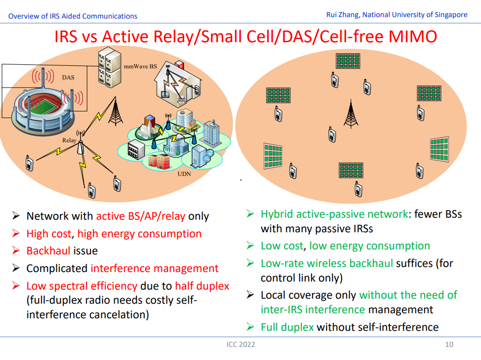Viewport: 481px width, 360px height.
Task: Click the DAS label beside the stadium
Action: tap(68, 77)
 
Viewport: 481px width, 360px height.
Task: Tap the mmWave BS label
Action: tap(140, 66)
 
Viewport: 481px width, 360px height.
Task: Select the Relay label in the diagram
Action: tap(69, 140)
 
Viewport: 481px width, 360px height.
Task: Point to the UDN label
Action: tap(184, 174)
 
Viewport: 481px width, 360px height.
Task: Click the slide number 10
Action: tap(449, 344)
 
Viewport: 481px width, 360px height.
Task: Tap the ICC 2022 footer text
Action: tap(241, 344)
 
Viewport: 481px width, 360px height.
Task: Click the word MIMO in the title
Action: tap(413, 37)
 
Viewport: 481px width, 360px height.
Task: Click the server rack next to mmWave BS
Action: tap(110, 67)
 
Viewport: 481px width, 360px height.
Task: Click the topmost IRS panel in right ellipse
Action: tap(348, 61)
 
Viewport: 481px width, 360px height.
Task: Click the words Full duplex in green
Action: tap(287, 327)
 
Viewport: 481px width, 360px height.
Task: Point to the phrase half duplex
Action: tap(202, 286)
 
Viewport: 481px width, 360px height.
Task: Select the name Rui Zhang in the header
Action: tap(342, 15)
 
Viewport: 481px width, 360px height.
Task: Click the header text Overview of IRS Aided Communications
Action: tap(72, 16)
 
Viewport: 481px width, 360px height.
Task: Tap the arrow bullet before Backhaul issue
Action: tap(16, 250)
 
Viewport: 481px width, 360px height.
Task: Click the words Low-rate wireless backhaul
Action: tap(327, 263)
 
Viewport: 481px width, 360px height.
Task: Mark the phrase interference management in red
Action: tap(154, 268)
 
